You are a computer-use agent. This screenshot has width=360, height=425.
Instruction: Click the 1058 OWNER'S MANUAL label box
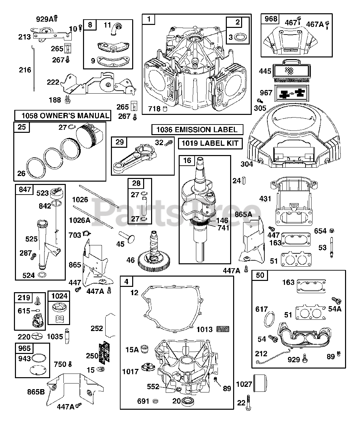point(62,116)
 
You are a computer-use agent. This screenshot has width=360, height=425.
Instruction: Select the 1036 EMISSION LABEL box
point(197,129)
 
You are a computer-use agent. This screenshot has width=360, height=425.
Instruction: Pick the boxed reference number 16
point(187,161)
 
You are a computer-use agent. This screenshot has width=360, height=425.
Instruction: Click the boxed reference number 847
point(25,189)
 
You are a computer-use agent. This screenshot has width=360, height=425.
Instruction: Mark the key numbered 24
point(244,181)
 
